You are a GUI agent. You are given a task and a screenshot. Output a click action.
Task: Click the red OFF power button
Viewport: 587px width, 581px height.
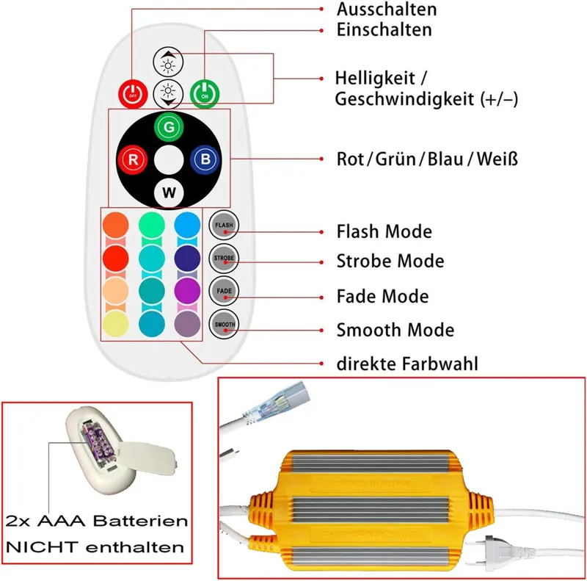[x=132, y=93]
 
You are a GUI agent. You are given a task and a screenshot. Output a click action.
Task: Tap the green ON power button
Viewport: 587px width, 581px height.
[x=204, y=93]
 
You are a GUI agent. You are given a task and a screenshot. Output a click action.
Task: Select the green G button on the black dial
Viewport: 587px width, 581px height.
[x=169, y=126]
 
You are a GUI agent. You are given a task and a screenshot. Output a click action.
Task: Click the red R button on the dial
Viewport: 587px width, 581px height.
[x=133, y=159]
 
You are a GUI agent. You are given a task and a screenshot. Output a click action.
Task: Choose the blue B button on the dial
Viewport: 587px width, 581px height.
[x=204, y=159]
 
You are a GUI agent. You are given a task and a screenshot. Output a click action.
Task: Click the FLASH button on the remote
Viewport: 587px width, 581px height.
[x=223, y=225]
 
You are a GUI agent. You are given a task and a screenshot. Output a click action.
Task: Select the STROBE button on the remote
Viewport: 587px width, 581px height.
[x=223, y=258]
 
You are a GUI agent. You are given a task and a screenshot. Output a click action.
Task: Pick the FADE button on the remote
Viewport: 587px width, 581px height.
[x=223, y=291]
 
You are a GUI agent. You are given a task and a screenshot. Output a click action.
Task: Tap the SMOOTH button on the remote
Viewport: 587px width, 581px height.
[x=223, y=323]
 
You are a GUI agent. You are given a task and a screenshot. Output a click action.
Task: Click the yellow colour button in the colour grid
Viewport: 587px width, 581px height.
[x=115, y=323]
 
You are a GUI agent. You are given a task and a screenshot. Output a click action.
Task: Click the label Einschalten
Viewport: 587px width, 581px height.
[x=384, y=29]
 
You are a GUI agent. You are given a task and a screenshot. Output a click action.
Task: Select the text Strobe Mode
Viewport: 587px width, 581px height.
[x=390, y=261]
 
